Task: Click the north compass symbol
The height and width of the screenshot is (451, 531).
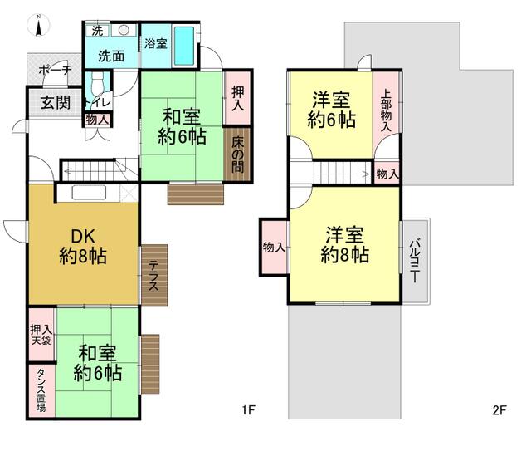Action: tap(39, 25)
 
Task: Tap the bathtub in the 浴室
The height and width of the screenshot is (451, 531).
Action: tap(184, 47)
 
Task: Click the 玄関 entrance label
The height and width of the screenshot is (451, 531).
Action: tap(56, 102)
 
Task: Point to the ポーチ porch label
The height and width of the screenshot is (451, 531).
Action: tap(56, 71)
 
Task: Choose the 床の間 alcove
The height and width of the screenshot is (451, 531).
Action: tap(237, 154)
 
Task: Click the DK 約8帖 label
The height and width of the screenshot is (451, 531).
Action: tap(83, 246)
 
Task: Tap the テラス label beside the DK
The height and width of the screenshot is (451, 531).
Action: tap(153, 276)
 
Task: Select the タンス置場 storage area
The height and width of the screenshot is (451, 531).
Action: tap(41, 390)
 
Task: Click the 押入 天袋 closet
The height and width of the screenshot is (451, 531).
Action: tap(41, 335)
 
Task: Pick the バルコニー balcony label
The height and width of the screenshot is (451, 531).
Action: tap(415, 261)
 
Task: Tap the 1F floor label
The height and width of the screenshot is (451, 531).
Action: tap(248, 410)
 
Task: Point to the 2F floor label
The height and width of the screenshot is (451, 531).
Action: tap(499, 410)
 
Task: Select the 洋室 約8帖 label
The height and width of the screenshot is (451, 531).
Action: tap(345, 244)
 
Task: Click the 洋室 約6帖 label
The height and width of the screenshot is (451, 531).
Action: tap(332, 110)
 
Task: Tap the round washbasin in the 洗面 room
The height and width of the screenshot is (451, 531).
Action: tap(124, 30)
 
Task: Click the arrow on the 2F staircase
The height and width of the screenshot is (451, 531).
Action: tap(343, 174)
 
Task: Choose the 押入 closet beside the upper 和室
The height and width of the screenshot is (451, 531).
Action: tap(237, 98)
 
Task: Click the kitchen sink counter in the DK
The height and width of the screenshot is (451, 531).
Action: tap(89, 194)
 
